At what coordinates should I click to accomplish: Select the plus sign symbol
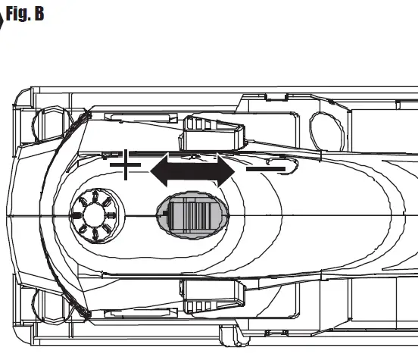click(126, 164)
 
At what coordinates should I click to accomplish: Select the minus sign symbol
click(266, 167)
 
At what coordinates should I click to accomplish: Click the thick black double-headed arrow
click(193, 171)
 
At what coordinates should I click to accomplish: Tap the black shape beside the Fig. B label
click(2, 18)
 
